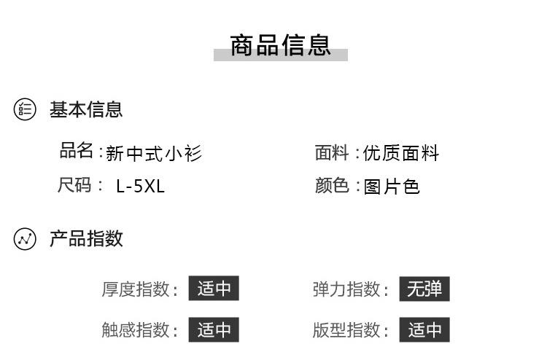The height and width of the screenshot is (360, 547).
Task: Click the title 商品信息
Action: [x=280, y=45]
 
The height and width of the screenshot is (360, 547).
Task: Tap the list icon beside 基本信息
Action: [x=25, y=110]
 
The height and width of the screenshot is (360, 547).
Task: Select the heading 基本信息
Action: [x=86, y=110]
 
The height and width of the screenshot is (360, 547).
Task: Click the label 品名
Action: [x=77, y=151]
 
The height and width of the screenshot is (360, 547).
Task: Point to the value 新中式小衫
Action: [x=154, y=153]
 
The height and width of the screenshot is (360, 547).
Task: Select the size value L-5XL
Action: [x=141, y=186]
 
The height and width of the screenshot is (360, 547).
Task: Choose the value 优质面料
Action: [x=402, y=153]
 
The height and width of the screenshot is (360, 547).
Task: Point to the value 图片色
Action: [x=392, y=187]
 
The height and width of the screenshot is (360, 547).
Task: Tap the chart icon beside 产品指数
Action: [x=25, y=239]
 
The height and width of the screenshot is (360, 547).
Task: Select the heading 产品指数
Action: [x=86, y=238]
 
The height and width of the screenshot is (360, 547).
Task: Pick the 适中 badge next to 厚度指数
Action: [x=214, y=289]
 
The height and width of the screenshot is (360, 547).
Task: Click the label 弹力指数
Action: [x=346, y=289]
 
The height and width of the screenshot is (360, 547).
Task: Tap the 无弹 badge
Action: [x=424, y=289]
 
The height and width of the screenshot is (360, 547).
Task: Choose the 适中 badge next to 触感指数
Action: [x=214, y=329]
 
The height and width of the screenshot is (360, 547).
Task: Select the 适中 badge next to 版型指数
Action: [x=424, y=329]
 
